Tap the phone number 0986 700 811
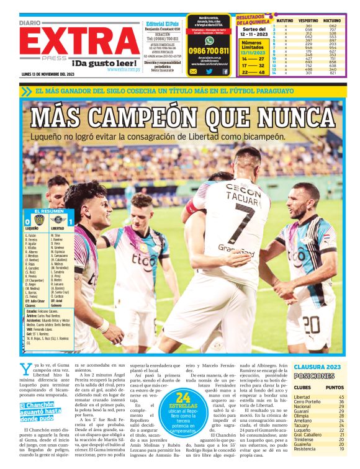pos(209,51)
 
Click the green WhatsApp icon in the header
pos(209,40)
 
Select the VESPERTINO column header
pos(309,20)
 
